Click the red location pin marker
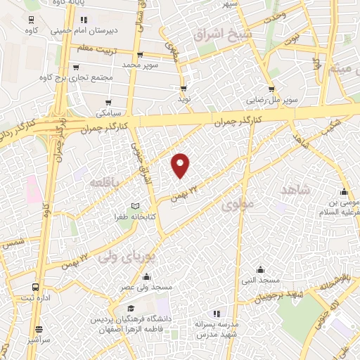pos(181,165)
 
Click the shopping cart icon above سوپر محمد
pos(140,55)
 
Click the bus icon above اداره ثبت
pos(35,287)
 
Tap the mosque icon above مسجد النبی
pos(260,270)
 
